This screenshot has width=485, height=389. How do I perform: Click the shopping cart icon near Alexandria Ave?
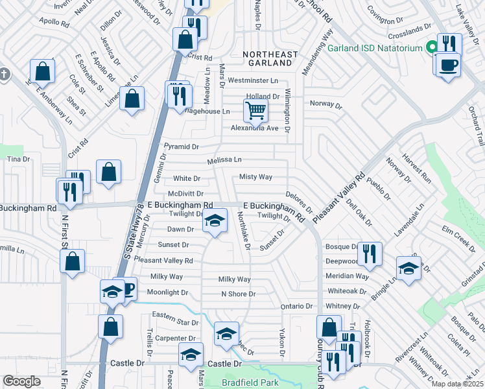256,111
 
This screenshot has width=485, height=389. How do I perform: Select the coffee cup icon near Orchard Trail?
447,65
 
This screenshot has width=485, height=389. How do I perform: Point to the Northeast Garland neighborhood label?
271,58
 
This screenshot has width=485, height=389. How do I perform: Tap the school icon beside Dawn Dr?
215,222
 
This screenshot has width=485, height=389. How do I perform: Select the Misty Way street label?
255,176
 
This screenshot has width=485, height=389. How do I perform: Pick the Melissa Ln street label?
224,160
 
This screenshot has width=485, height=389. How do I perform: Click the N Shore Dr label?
239,294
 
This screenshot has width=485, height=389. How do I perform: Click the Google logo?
21,381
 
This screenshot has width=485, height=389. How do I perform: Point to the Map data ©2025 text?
458,384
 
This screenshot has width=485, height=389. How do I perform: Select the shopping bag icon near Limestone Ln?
132,100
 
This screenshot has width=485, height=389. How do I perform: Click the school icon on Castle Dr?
191,356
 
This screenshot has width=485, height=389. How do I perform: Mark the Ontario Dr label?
296,306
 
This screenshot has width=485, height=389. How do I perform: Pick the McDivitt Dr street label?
185,193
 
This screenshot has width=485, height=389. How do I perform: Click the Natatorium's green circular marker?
431,48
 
